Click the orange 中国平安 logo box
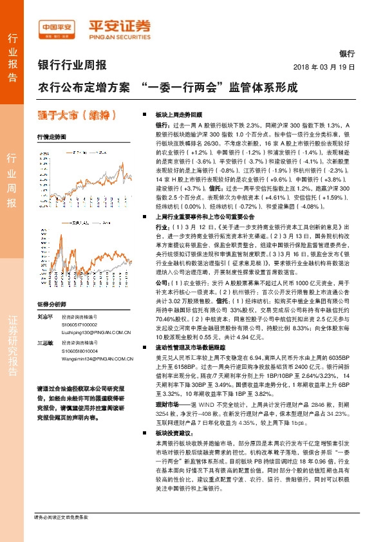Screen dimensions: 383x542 click(x=57, y=28)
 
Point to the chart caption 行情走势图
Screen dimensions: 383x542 click(x=51, y=138)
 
